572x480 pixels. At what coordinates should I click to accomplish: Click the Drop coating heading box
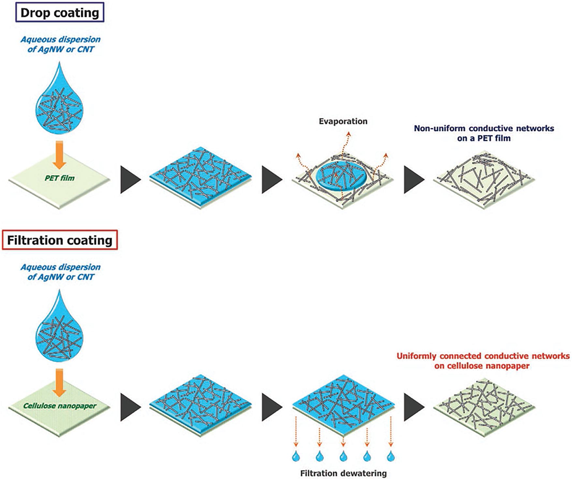click(x=60, y=12)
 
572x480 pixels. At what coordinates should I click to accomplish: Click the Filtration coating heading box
click(x=60, y=240)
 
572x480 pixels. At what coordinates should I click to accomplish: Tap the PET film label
click(x=60, y=178)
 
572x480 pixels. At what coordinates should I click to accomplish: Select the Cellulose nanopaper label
click(x=60, y=406)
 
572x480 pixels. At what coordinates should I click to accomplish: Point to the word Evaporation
click(x=343, y=121)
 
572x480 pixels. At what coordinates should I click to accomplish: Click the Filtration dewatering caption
click(x=343, y=473)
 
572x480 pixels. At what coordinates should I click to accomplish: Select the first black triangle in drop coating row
click(x=130, y=180)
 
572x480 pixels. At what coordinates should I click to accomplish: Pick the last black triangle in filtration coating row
click(x=414, y=407)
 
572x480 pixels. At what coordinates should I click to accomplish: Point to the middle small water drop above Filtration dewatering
click(x=343, y=456)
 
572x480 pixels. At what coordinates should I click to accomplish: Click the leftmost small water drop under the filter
click(x=296, y=456)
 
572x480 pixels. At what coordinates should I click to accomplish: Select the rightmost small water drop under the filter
click(x=390, y=456)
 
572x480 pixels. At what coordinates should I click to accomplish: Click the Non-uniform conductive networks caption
click(x=484, y=133)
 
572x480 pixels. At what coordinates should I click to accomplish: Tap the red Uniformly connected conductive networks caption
click(x=483, y=361)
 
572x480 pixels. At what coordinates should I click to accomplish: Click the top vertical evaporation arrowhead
click(x=349, y=133)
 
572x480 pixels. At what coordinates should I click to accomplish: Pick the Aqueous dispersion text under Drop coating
click(x=61, y=44)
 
